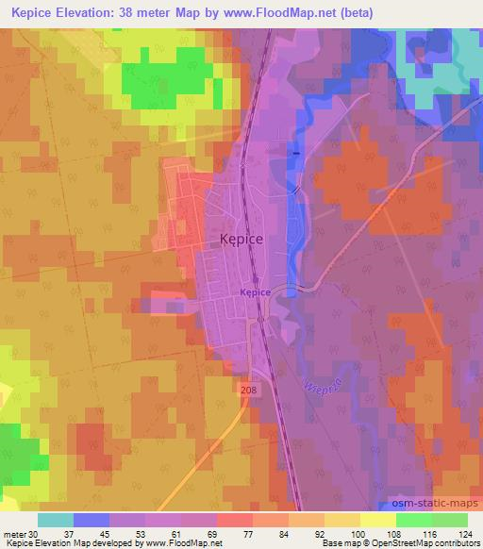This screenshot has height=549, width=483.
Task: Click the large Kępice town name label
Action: [241, 240]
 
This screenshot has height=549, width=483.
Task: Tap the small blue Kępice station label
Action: [255, 292]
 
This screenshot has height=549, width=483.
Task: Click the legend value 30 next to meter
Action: [35, 534]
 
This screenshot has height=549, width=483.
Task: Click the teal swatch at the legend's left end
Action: [56, 520]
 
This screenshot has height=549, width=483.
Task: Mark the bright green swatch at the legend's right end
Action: [449, 520]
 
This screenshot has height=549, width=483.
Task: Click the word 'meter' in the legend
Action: [14, 534]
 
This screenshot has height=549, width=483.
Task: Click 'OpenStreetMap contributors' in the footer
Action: [425, 544]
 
